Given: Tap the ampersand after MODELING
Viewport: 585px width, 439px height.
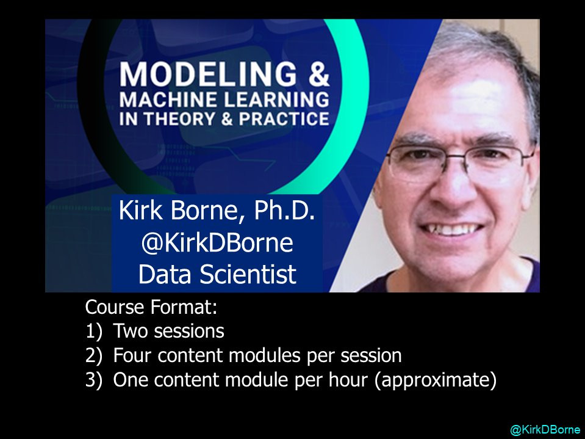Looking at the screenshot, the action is [x=318, y=74].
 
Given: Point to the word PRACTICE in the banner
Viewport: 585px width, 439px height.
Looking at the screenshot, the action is [x=284, y=118].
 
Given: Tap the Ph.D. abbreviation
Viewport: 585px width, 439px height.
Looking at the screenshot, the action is [x=284, y=211].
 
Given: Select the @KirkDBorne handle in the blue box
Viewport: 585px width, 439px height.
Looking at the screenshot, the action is [x=217, y=242].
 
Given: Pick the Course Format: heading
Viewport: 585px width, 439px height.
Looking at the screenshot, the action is [x=151, y=307].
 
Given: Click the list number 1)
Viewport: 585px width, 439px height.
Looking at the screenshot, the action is [x=94, y=331].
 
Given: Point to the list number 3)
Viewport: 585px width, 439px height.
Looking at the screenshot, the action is [x=94, y=380].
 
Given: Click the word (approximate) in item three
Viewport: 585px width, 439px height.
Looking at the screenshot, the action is [x=436, y=380].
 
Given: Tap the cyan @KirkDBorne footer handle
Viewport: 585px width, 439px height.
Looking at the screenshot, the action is [x=545, y=430].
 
